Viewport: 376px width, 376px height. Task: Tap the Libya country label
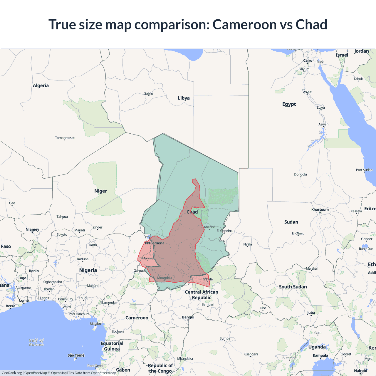[184, 98]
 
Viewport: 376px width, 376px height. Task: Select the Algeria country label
[41, 85]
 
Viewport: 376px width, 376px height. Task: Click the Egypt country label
[289, 104]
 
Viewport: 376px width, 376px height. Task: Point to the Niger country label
[100, 191]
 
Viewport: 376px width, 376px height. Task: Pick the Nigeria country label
[88, 270]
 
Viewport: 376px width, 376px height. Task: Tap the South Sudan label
[293, 287]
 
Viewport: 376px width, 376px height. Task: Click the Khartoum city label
[320, 209]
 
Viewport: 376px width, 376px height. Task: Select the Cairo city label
[308, 61]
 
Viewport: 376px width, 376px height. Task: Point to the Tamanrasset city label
[65, 138]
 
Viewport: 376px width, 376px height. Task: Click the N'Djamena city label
[155, 243]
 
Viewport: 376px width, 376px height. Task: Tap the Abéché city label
[209, 227]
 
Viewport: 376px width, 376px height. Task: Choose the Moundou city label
[164, 278]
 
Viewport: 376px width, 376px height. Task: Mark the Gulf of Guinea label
[36, 342]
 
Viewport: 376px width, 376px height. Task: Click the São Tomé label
[76, 355]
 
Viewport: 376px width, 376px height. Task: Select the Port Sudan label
[364, 170]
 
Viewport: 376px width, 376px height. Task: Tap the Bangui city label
[188, 317]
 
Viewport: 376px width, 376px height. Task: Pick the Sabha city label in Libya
[149, 93]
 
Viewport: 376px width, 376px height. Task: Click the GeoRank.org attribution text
[12, 373]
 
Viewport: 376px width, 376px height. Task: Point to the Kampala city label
[320, 355]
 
